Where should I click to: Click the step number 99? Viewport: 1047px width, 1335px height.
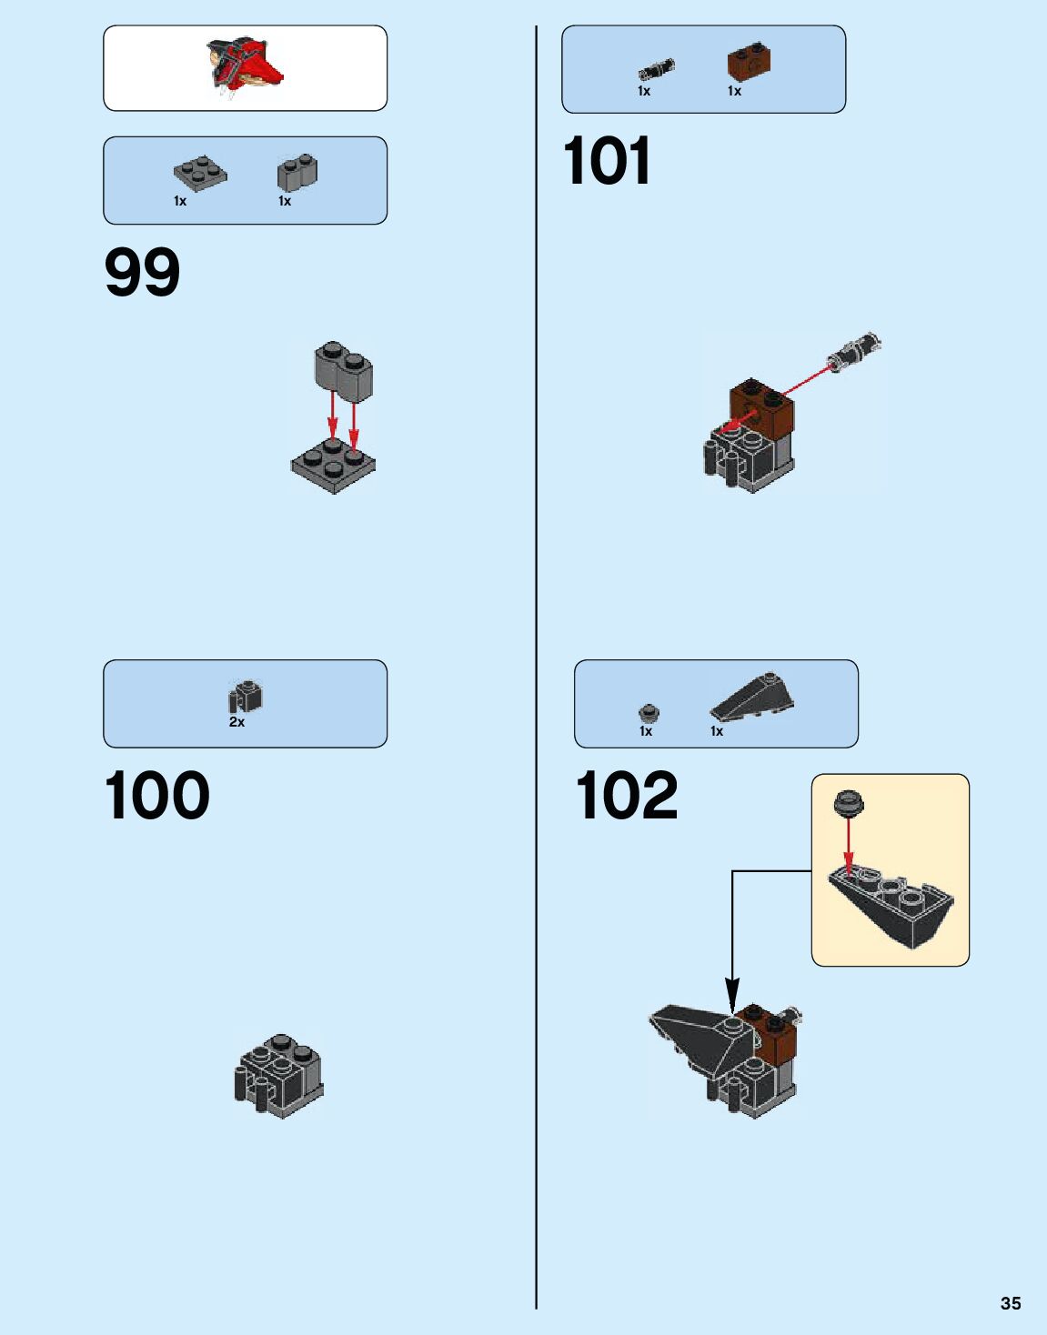(143, 272)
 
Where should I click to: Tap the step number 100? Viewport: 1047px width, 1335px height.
(157, 796)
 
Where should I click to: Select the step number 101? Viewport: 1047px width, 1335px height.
(607, 161)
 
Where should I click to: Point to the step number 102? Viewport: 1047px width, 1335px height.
(627, 796)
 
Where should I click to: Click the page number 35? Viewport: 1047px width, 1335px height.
(1010, 1303)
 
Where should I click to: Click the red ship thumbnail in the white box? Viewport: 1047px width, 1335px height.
(245, 66)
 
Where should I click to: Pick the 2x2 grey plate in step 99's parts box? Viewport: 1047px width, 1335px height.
(200, 173)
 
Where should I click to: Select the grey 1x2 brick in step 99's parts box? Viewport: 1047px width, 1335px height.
(297, 172)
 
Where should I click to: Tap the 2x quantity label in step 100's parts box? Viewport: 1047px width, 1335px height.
(237, 722)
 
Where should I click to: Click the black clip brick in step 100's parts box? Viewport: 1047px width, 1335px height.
(245, 697)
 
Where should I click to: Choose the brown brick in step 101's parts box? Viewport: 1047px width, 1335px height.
(750, 61)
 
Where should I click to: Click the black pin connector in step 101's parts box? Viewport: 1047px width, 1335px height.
(656, 69)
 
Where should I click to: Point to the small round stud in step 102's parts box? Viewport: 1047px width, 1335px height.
(648, 712)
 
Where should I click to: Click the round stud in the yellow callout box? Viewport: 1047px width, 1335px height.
(848, 803)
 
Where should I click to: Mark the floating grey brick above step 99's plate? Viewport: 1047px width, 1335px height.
(343, 370)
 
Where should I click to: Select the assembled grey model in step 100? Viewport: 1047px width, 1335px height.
(279, 1075)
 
